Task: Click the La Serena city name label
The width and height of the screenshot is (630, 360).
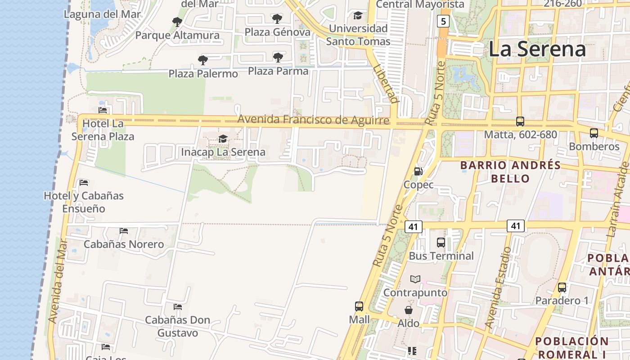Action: coord(537,49)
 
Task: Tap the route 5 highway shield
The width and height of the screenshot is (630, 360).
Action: coord(443,21)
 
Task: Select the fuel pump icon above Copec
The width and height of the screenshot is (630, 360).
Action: coord(418,171)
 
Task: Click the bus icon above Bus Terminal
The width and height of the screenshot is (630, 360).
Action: coord(441,243)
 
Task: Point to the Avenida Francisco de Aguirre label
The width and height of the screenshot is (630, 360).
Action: coord(313,120)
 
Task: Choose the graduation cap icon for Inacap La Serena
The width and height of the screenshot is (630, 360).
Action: coord(223,139)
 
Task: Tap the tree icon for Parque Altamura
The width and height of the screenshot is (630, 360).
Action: coord(177,22)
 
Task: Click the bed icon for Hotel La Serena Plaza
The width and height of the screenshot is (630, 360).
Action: coord(103,110)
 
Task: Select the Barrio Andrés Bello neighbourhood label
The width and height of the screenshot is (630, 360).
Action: coord(510,172)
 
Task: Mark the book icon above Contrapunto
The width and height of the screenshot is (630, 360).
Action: coord(415,279)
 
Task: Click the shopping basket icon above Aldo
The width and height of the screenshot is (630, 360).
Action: coord(409,310)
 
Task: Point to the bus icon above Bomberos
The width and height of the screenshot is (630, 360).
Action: coord(594,133)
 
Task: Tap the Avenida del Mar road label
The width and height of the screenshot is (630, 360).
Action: coord(58,281)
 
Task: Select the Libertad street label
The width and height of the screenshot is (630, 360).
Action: coord(386,83)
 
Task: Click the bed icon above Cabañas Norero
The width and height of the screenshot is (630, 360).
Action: coord(124,231)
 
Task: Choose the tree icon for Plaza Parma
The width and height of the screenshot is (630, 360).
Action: coord(278,57)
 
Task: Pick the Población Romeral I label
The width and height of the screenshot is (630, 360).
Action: coord(572,347)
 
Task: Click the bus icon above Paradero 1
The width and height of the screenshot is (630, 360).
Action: coord(562,288)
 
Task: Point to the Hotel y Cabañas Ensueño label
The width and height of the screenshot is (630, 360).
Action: coord(84,202)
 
